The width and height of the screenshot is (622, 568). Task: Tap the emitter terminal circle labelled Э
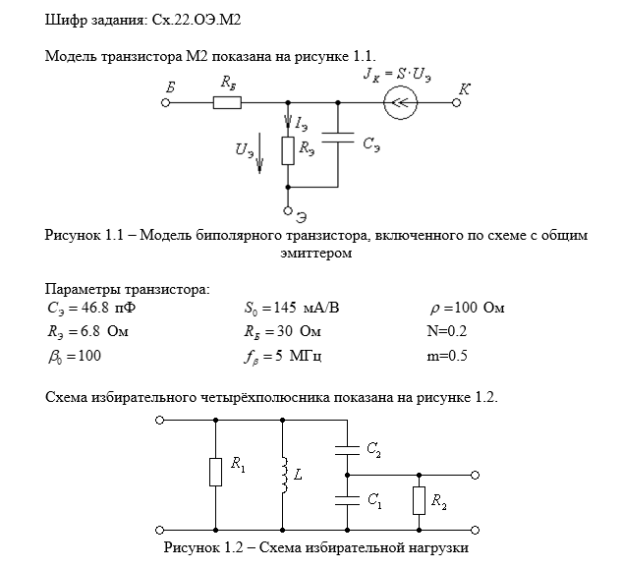[x=288, y=209]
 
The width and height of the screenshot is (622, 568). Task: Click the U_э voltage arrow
[x=259, y=156]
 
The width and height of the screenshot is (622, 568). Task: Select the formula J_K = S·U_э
[x=394, y=73]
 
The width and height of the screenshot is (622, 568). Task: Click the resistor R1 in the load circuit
[x=215, y=474]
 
